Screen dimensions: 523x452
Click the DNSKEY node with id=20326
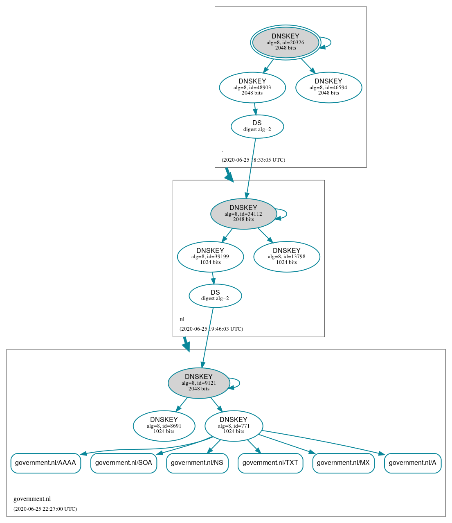(286, 42)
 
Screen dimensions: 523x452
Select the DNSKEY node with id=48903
(252, 87)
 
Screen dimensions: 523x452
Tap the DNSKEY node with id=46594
(328, 87)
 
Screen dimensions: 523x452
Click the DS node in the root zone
(257, 126)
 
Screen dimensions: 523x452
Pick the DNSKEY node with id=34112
(243, 214)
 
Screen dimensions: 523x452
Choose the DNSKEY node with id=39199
(210, 257)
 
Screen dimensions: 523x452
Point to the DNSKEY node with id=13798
(287, 257)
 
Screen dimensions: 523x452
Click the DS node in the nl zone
(215, 295)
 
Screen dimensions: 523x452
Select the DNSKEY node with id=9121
(199, 383)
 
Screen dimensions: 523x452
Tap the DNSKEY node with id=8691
(164, 426)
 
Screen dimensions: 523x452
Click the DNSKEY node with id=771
(234, 426)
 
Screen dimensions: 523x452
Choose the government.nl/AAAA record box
(45, 463)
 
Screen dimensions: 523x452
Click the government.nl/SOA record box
(124, 463)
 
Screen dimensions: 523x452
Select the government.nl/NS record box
(197, 463)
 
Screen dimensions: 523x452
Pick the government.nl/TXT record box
(270, 463)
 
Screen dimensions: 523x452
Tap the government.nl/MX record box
(343, 463)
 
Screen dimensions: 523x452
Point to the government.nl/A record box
(412, 463)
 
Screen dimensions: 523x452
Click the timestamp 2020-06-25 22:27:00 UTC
(45, 509)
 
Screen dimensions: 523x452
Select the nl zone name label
(182, 319)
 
